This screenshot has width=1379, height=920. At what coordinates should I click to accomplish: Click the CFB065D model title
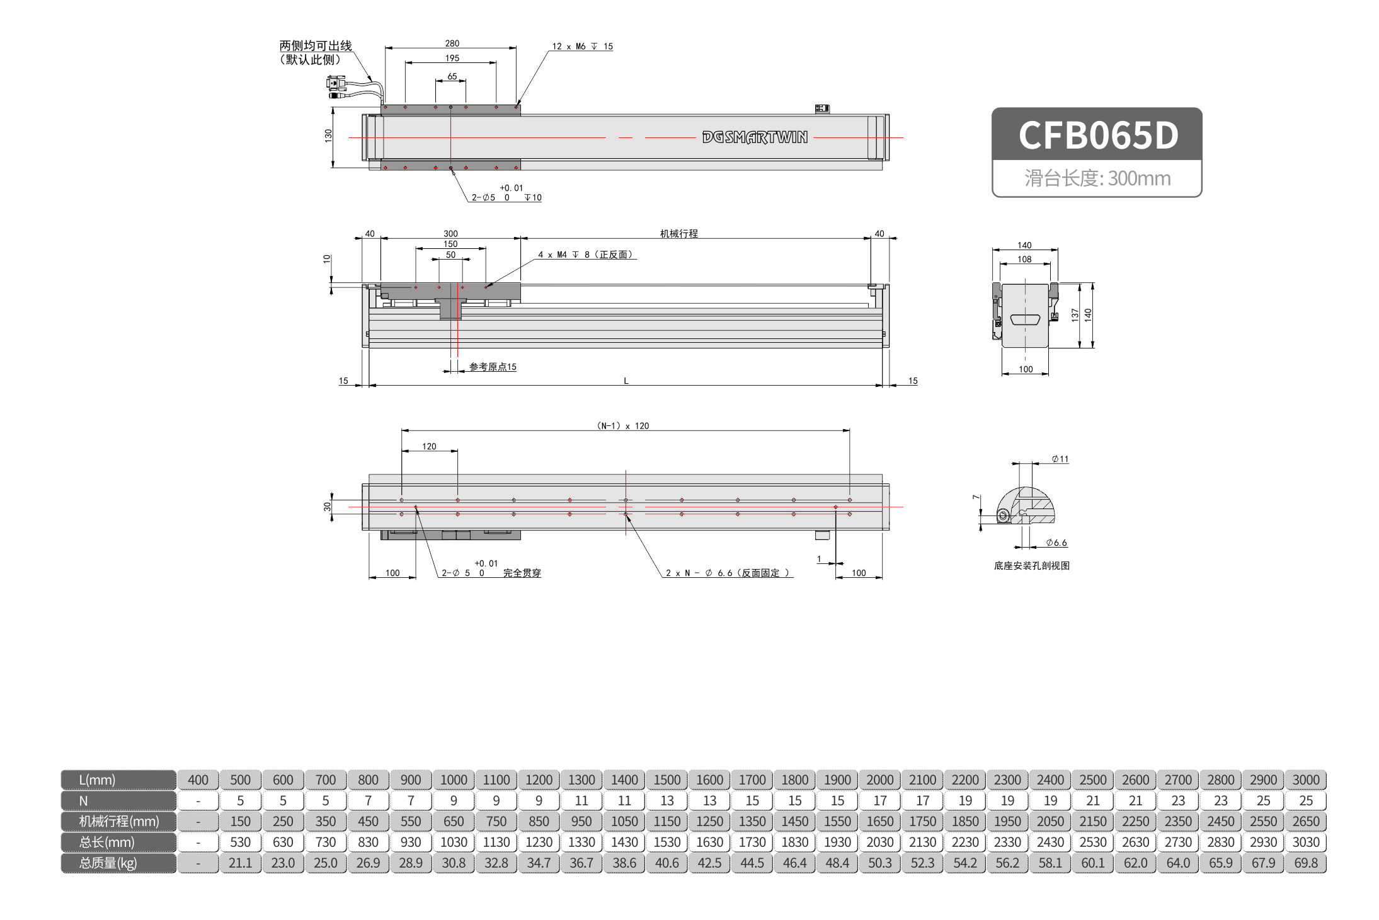pos(1098,135)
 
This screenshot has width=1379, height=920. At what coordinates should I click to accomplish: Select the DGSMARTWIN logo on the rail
pos(755,137)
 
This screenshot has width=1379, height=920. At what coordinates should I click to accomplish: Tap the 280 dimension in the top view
pos(452,43)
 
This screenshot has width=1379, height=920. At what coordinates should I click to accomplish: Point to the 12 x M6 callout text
pos(582,47)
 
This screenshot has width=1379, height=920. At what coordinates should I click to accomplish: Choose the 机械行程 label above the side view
pos(678,234)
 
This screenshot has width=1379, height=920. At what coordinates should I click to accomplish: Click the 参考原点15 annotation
pos(493,367)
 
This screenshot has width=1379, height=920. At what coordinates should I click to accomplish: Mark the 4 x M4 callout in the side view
pos(585,255)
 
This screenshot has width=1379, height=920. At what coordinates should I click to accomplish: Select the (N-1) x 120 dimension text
pos(623,426)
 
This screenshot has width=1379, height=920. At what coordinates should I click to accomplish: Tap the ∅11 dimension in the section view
pos(1060,459)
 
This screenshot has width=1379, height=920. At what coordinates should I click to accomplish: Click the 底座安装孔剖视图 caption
pos(1032,566)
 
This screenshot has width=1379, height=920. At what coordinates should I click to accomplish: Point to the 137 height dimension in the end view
pos(1075,314)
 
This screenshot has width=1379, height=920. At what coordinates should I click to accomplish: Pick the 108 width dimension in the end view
pos(1025,259)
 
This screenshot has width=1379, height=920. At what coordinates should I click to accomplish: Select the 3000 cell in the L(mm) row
pos(1306,779)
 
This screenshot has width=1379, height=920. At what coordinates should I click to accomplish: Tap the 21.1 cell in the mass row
pos(240,863)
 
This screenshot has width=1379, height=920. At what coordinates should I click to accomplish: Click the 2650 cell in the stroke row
pos(1306,821)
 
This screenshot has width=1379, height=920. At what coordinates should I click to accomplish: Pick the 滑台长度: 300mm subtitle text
pos(1097,178)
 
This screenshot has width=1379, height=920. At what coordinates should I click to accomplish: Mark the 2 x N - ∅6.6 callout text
pos(728,573)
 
